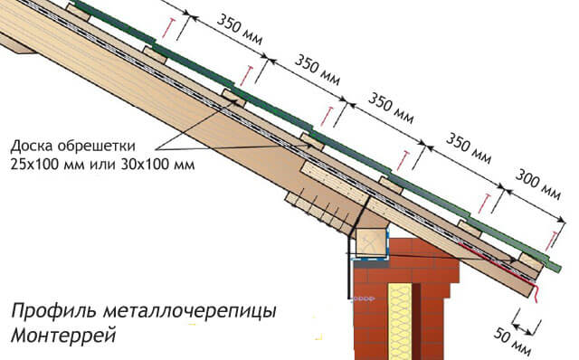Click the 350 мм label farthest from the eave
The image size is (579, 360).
coord(236,33)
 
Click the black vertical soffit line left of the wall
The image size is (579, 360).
coord(349,276)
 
